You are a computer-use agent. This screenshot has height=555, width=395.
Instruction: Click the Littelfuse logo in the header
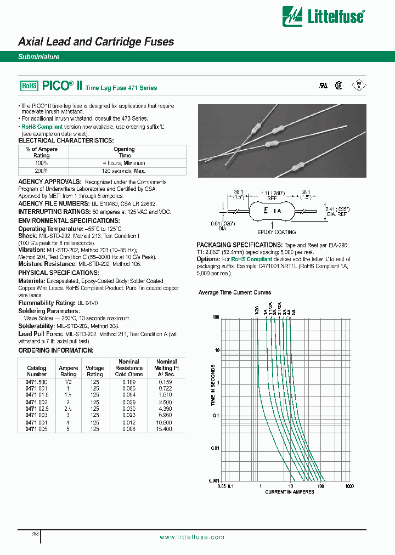pos(323,16)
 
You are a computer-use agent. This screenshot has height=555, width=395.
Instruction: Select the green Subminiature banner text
pos(39,56)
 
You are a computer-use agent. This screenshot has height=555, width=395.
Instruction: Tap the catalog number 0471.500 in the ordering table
pos(37,382)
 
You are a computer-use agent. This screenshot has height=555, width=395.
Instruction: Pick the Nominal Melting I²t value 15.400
pos(164,428)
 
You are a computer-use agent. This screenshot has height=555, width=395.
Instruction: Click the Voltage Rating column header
pos(95,371)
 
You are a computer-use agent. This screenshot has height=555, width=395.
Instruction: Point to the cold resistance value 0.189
pos(129,382)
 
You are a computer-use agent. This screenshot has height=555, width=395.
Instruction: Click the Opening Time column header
pos(124,152)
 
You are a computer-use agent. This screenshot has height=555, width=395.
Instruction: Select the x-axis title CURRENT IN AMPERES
pos(290,491)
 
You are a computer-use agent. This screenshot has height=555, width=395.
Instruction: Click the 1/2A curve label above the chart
pos(257,310)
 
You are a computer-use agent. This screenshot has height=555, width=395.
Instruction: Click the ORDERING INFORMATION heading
pos(56,350)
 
